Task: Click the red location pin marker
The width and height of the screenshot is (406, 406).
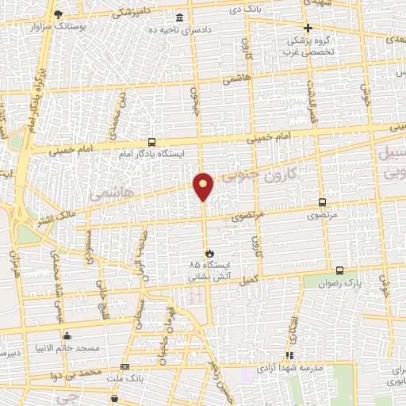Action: click(x=204, y=186)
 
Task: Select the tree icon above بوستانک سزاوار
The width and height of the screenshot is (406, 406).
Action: click(x=56, y=14)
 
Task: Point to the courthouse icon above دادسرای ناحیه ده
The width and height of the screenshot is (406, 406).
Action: click(x=181, y=17)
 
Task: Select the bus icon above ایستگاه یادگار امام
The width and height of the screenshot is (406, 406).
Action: click(x=151, y=142)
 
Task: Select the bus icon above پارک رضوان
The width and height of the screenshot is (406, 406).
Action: click(x=339, y=270)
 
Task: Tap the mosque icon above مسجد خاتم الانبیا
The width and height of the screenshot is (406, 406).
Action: click(x=67, y=335)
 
